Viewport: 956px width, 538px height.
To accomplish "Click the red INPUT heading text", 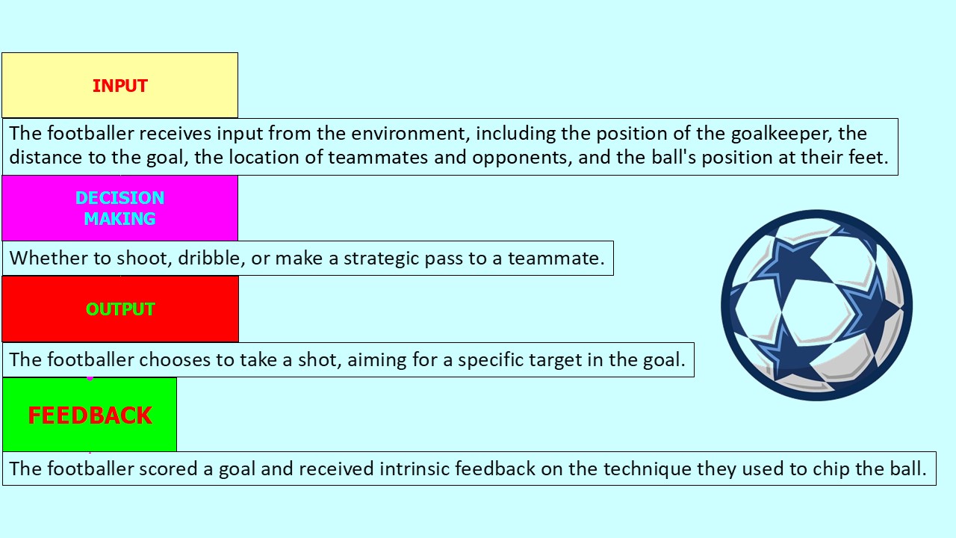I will coord(119,86).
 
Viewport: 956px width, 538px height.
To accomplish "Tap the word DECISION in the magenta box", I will coord(119,198).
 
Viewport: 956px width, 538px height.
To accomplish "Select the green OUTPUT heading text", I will coord(120,309).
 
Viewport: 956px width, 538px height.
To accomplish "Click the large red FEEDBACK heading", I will coord(90,415).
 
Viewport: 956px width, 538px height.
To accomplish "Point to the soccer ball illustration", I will coord(816,305).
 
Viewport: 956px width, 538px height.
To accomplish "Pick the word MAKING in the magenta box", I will coord(119,219).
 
